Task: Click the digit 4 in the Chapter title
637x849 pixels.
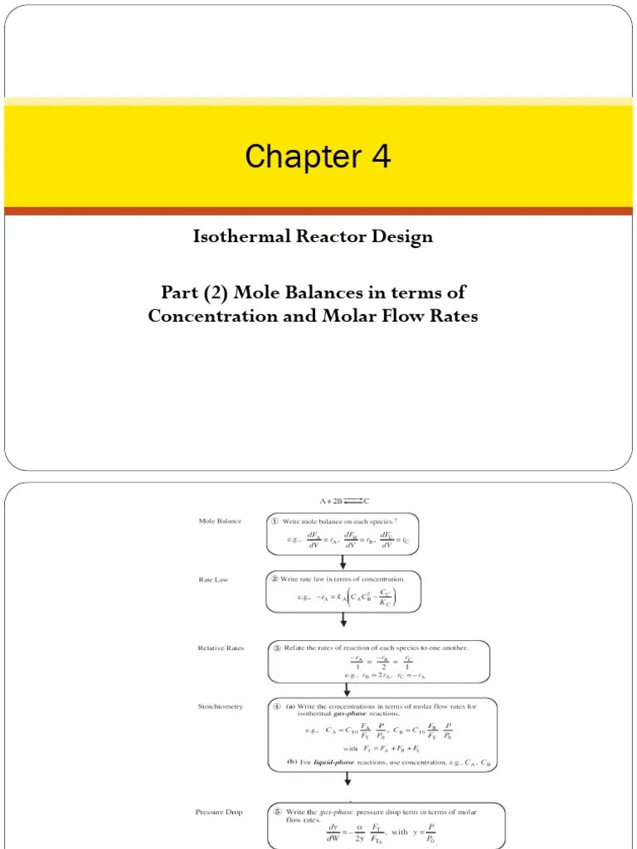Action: (x=379, y=157)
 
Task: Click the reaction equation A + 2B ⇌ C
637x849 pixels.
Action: (x=341, y=501)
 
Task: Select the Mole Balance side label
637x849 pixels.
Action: (x=220, y=522)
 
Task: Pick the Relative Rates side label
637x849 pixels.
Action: (x=221, y=648)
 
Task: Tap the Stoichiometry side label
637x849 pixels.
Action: (x=220, y=706)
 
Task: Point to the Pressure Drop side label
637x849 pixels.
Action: (x=219, y=813)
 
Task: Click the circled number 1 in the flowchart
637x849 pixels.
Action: (x=274, y=522)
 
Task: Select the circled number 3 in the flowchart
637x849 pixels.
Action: (x=275, y=648)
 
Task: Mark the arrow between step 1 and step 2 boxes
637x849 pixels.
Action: (x=343, y=562)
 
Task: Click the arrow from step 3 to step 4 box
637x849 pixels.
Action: (x=343, y=690)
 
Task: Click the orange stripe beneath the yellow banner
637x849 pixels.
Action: (x=318, y=211)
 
